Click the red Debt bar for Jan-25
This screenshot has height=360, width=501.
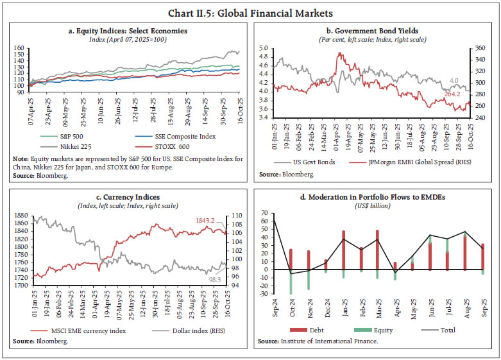(344, 250)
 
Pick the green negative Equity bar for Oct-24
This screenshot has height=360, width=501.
(291, 282)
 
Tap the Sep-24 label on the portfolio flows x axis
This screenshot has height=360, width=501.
(274, 308)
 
